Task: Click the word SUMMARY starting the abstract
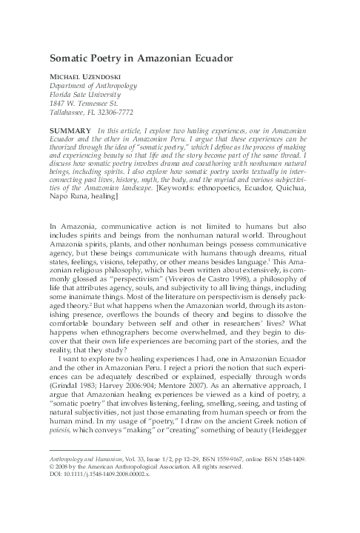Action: click(70, 130)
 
